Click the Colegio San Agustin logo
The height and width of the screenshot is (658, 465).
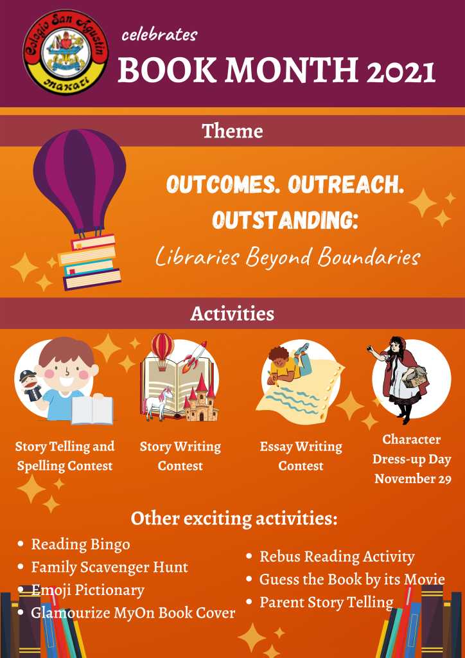pos(66,52)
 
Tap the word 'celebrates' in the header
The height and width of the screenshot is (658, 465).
pos(159,35)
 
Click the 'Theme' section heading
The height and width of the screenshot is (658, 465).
pos(232,131)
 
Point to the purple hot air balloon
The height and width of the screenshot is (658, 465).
pos(80,181)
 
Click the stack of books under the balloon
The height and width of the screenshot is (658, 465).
pos(89,262)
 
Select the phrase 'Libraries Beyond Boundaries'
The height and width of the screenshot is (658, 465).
pos(288,256)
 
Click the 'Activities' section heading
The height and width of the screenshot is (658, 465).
pos(232,314)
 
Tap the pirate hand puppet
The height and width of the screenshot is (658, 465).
pos(31,385)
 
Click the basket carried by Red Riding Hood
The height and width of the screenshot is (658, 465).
pos(414,378)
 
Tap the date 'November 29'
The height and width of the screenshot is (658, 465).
pos(413,478)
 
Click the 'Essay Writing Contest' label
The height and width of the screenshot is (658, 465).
pos(301,456)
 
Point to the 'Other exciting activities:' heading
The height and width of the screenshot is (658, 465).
pos(234,519)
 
